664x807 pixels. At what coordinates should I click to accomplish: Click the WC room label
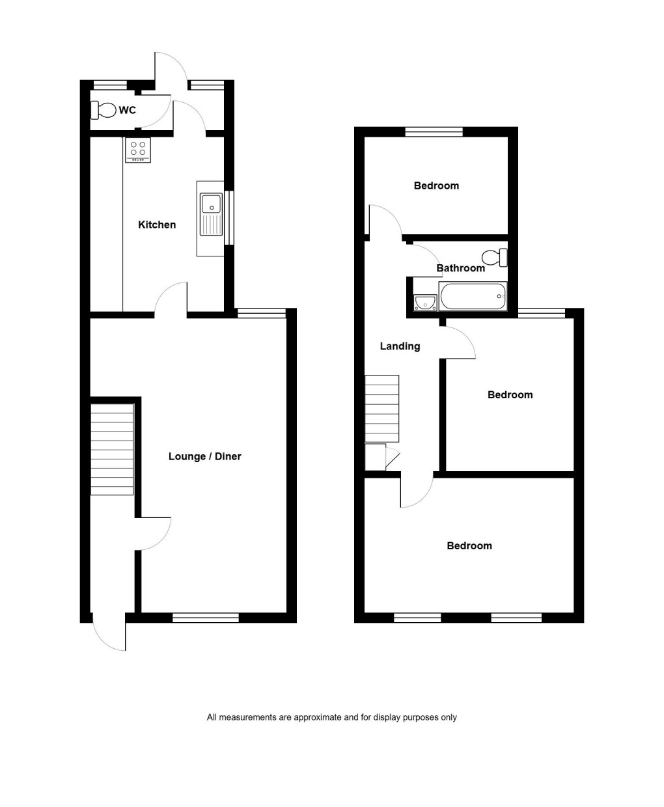pos(127,110)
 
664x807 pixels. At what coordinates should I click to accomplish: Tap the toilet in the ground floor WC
pos(103,110)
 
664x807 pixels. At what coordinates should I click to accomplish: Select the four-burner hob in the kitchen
pos(138,150)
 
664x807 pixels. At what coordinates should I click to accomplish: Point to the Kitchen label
pos(157,225)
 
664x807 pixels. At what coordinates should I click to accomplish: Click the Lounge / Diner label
pos(204,456)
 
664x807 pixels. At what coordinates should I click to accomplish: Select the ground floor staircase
pos(112,449)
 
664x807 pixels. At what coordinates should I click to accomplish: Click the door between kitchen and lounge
pos(171,300)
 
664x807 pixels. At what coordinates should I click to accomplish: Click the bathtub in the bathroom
pos(473,297)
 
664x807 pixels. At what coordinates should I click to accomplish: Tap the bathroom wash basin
pos(425,303)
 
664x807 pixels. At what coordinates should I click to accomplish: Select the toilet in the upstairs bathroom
pos(495,257)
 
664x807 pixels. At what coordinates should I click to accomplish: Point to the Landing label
pos(400,346)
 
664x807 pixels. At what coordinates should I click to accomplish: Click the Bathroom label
pos(460,268)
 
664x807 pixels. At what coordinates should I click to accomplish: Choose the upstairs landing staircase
pos(381,409)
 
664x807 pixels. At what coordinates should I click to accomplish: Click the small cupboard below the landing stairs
pos(376,457)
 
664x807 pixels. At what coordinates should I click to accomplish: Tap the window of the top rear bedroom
pos(434,131)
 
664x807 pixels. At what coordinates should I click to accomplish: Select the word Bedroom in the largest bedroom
pos(469,545)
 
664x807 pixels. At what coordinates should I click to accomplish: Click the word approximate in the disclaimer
pos(317,717)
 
